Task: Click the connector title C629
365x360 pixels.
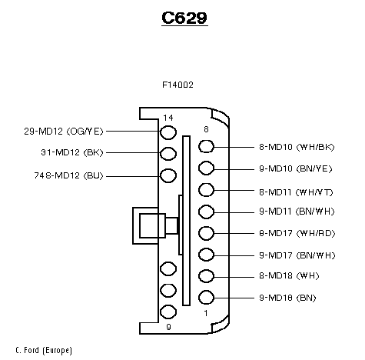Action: (x=184, y=18)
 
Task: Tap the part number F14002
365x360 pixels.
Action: (x=178, y=85)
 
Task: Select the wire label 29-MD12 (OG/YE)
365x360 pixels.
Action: (x=64, y=132)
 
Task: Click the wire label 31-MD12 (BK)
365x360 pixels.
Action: (x=72, y=152)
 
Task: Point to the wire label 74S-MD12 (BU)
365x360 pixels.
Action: (x=68, y=175)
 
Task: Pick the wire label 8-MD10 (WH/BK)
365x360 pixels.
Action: (x=297, y=147)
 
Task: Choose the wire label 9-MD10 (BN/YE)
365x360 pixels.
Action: (x=296, y=168)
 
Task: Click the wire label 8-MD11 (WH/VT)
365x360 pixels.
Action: (x=296, y=192)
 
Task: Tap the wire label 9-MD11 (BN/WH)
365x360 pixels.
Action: (x=297, y=212)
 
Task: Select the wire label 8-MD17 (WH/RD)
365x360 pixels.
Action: (x=297, y=233)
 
